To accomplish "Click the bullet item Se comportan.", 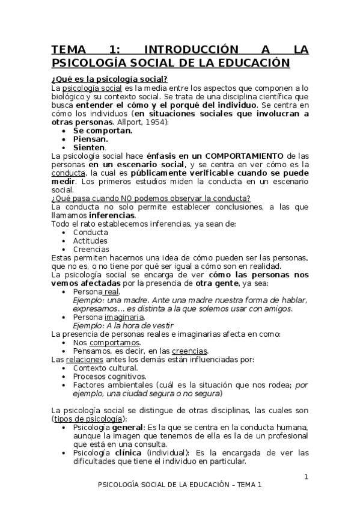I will pyautogui.click(x=103, y=130).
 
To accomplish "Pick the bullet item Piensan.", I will pyautogui.click(x=91, y=138).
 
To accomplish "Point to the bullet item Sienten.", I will pyautogui.click(x=90, y=147).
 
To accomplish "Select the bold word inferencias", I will pyautogui.click(x=112, y=215).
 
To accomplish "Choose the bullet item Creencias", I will pyautogui.click(x=91, y=249).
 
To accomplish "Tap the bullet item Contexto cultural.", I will pyautogui.click(x=105, y=367).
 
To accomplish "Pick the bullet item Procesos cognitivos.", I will pyautogui.click(x=109, y=376).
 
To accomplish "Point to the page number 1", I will pyautogui.click(x=306, y=477).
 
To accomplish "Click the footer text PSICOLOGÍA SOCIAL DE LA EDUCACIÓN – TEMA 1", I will pyautogui.click(x=180, y=485).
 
